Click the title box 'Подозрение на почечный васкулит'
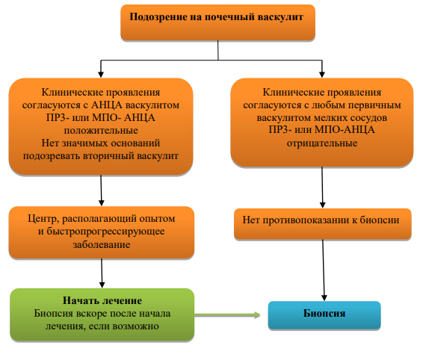coord(217,22)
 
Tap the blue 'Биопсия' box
coord(324,315)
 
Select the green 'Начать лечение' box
coord(102,314)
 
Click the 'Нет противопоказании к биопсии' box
coord(322,223)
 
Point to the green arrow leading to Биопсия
coord(227,314)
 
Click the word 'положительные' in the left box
coord(101,131)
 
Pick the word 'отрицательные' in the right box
coord(322,143)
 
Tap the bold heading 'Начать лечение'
coord(102,301)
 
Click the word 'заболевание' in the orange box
coord(102,244)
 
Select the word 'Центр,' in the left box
coord(43,219)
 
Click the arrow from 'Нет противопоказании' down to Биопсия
coord(324,270)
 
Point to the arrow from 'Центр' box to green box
coord(102,273)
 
